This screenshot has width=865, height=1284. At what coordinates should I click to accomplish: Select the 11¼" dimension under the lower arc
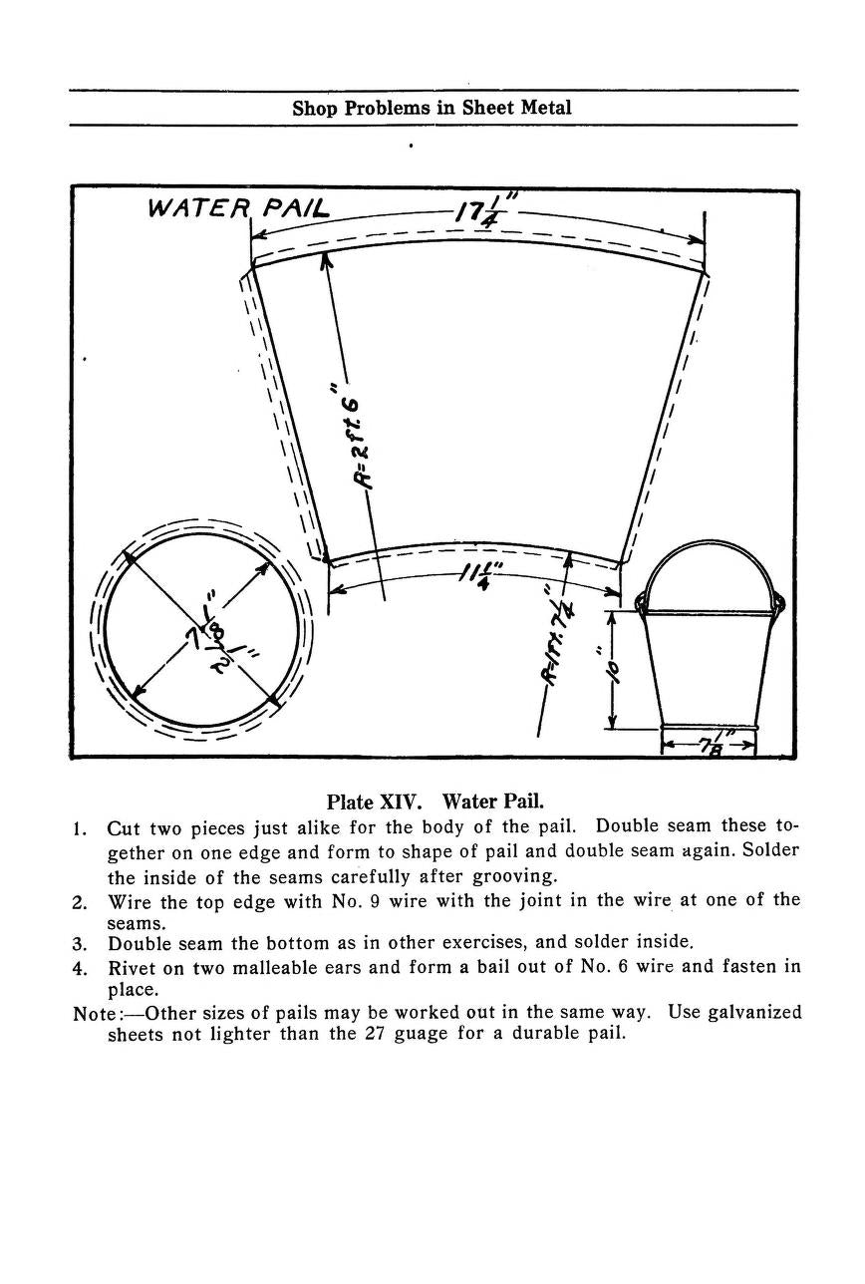478,577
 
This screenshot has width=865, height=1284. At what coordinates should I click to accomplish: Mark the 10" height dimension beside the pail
614,669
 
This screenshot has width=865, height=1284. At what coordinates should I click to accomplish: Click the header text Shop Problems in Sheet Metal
432,108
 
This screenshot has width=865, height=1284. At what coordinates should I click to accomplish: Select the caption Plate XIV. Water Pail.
434,802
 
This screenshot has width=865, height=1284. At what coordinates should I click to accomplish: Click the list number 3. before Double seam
82,943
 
